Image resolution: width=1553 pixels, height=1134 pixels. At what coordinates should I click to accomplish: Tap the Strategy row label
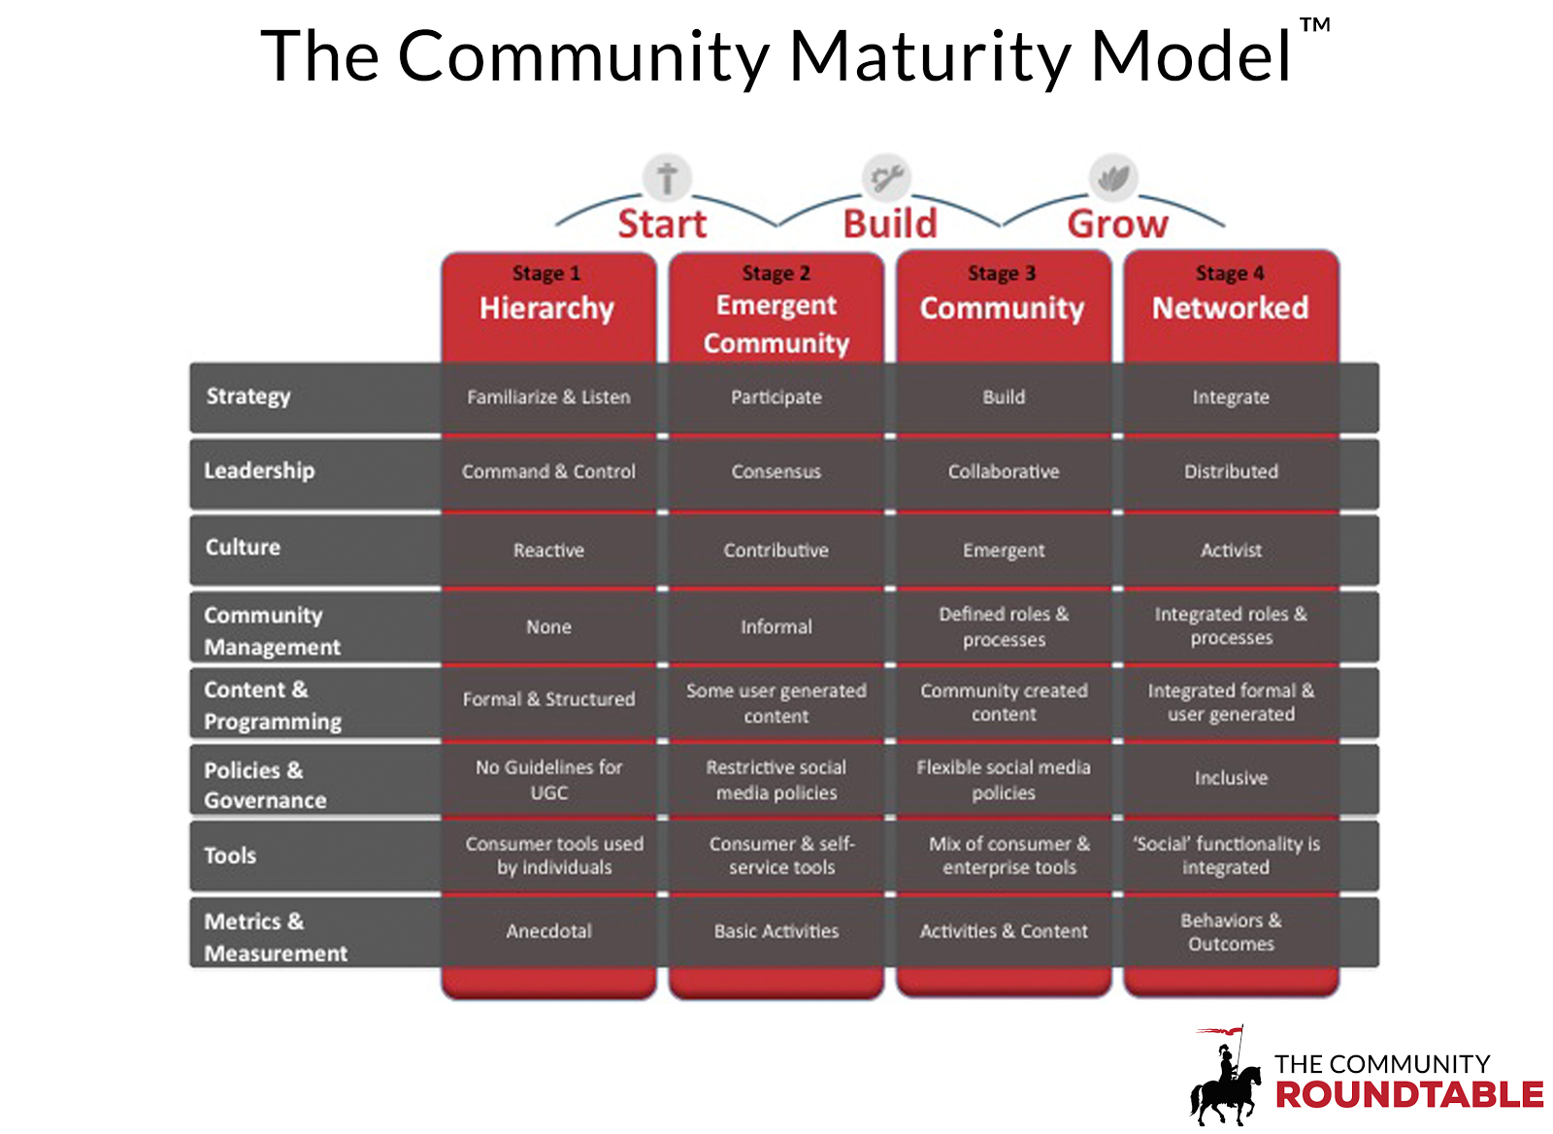coord(248,396)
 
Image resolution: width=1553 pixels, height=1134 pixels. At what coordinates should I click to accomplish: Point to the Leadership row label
coord(259,471)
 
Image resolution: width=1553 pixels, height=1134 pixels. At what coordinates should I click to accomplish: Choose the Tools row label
coord(230,855)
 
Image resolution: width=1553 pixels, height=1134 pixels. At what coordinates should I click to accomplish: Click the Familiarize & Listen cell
coord(548,397)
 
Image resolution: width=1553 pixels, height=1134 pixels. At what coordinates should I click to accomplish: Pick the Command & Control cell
coord(548,472)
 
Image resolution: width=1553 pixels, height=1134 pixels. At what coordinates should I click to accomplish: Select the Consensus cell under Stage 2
coord(776,472)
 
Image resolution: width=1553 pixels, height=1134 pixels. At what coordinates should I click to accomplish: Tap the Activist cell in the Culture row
coord(1231,550)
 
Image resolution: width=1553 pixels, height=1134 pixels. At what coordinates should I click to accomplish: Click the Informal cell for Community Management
coord(776,627)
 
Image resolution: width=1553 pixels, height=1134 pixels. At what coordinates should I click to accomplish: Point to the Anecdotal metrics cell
coord(548,931)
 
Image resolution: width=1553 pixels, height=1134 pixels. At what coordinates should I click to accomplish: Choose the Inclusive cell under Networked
coord(1231,778)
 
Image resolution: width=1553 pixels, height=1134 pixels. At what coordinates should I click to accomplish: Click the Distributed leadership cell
coord(1231,472)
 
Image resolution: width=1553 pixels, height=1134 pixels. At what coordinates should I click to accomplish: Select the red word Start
coord(662,224)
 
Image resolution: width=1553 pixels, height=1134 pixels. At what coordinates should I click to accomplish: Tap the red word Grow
coord(1117,224)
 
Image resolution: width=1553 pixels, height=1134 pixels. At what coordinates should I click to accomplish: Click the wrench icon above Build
coord(886,178)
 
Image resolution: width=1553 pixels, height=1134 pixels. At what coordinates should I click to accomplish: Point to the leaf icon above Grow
coord(1113,178)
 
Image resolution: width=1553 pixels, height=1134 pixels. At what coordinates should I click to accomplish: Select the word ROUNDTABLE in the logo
coord(1408,1095)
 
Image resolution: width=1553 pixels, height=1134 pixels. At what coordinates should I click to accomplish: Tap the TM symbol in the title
coord(1315,25)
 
